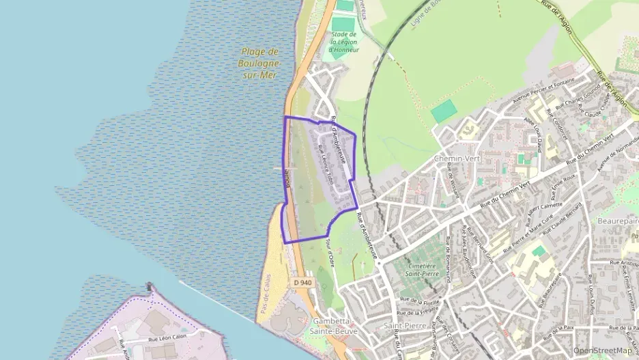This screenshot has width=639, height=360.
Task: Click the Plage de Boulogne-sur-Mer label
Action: (259, 64)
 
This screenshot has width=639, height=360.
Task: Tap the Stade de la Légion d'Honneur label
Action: (343, 42)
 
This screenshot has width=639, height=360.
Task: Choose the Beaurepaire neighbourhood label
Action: (617, 221)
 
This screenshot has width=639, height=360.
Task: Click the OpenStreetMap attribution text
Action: (602, 350)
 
